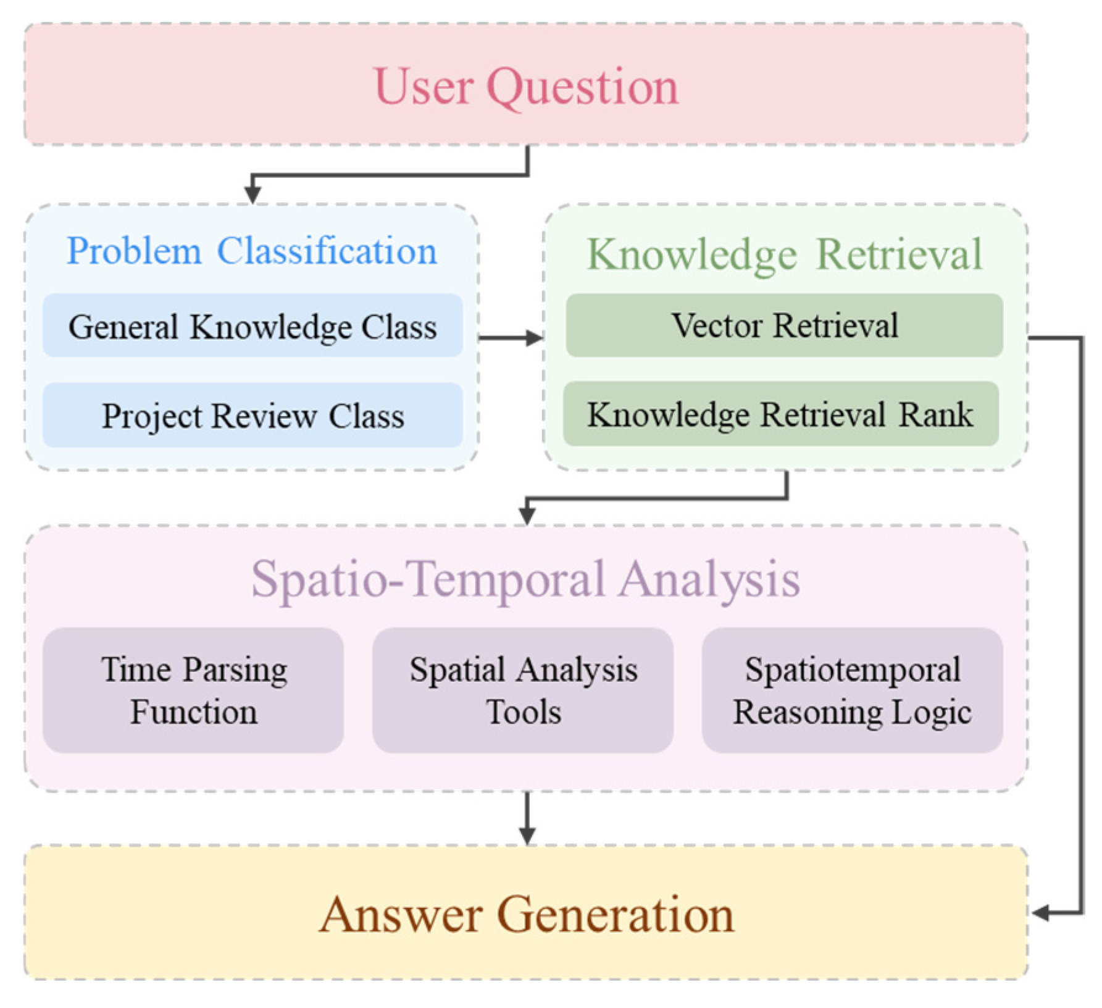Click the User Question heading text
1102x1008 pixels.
526,86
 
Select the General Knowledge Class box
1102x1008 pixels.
253,325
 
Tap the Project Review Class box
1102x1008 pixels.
253,415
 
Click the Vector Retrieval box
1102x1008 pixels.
784,325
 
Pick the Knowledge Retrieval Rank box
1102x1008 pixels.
780,414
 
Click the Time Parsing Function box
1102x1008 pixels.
193,690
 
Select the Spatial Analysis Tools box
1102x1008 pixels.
523,690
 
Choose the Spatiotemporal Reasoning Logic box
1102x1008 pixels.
852,690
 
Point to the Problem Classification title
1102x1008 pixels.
252,251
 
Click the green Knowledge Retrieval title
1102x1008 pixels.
784,254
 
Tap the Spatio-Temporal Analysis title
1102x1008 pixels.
525,579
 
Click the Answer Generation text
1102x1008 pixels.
527,915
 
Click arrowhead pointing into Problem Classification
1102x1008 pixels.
252,195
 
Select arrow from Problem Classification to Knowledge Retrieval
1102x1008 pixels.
510,338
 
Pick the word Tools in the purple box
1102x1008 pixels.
524,712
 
